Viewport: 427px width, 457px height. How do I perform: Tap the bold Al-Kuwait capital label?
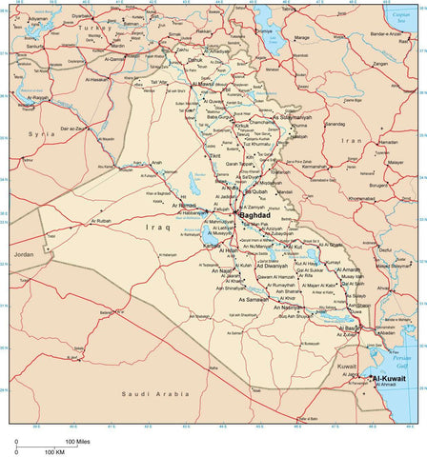tap(389, 378)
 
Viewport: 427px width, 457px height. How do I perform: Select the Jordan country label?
tap(23, 255)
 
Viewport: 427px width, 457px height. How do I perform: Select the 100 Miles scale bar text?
tap(77, 442)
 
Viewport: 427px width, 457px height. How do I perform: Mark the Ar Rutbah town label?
tap(102, 221)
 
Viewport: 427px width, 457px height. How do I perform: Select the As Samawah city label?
tap(253, 299)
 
